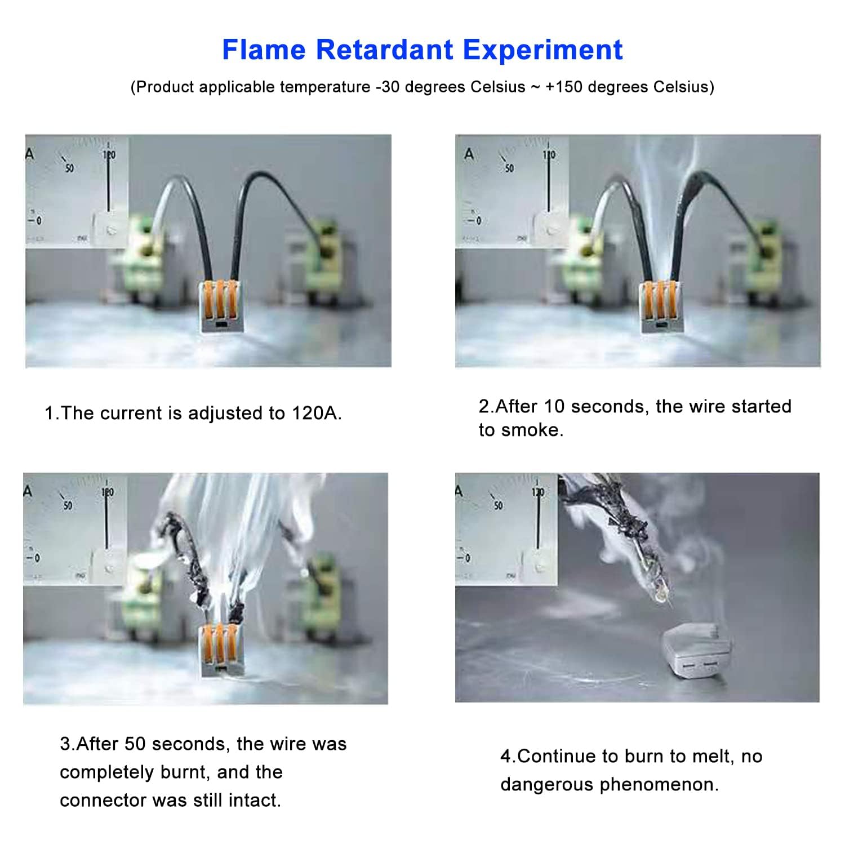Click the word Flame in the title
point(264,50)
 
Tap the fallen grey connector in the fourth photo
point(697,650)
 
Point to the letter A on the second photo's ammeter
point(469,154)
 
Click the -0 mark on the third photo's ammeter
point(34,558)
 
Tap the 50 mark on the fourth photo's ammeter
point(499,505)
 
